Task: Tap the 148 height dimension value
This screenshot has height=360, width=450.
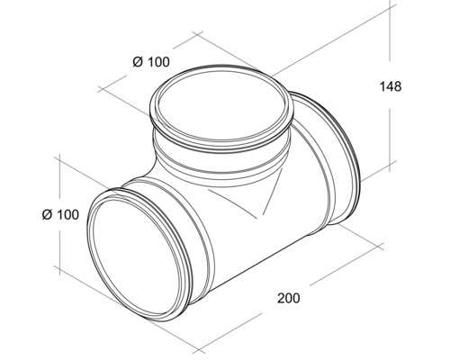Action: pyautogui.click(x=390, y=86)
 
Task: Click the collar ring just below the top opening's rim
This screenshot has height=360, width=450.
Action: pyautogui.click(x=221, y=148)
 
